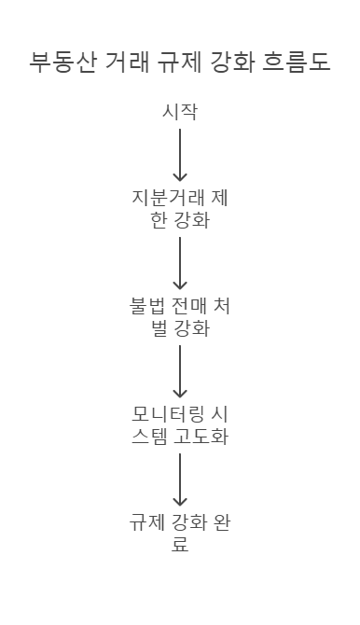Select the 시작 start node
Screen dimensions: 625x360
(180, 113)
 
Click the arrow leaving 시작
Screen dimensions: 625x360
(180, 155)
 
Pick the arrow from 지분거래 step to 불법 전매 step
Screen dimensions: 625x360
(180, 263)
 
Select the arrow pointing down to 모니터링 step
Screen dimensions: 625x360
(180, 371)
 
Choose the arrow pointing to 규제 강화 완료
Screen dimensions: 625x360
(180, 479)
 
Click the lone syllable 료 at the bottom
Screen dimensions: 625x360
(180, 544)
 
